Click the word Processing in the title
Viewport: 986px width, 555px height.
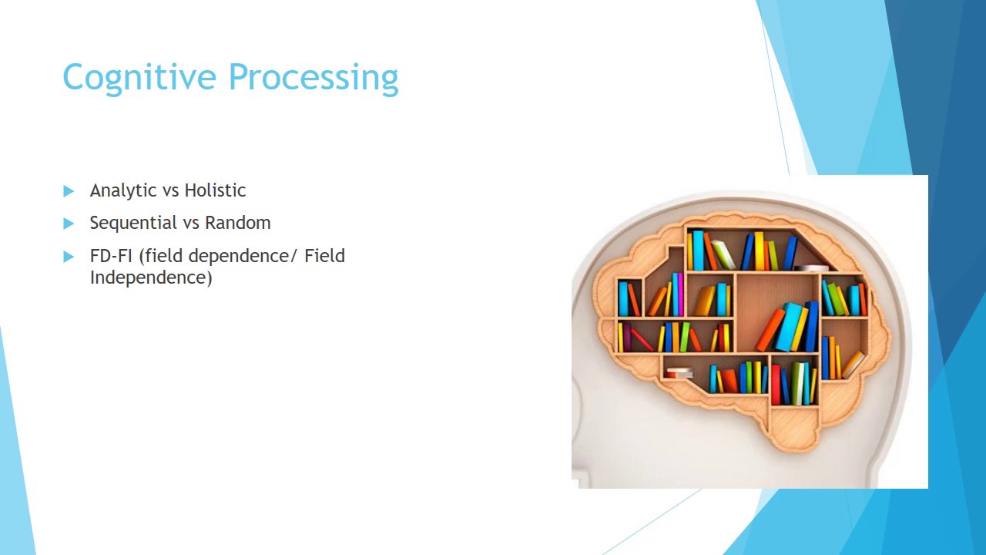point(313,78)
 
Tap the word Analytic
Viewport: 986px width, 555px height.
point(123,190)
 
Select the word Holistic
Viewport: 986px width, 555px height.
point(215,190)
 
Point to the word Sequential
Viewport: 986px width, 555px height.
point(132,223)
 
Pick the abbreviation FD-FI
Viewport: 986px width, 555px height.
point(111,255)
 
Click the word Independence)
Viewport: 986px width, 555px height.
point(150,277)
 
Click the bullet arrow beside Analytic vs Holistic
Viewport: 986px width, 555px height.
point(69,190)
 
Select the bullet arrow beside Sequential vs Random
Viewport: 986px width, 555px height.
point(69,224)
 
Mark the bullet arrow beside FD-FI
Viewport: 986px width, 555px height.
point(69,256)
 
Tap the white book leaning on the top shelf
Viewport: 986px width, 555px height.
point(724,254)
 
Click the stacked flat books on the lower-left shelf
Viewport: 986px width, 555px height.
point(679,373)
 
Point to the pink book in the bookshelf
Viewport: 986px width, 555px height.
point(680,294)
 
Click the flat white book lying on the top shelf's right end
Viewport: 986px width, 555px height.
point(812,268)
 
